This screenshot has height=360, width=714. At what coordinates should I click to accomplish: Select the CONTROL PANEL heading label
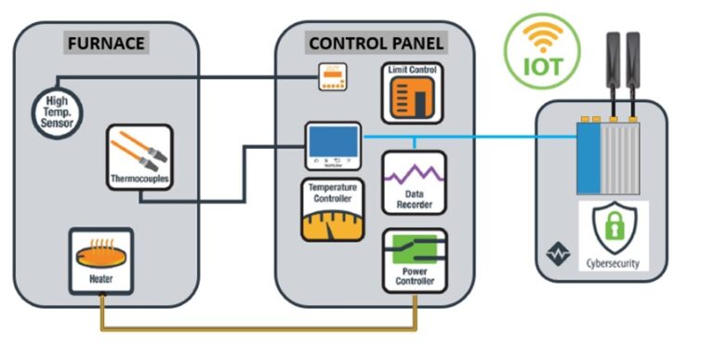tap(376, 43)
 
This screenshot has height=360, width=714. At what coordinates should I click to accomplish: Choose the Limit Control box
tap(414, 94)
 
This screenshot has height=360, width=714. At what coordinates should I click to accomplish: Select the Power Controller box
tap(414, 260)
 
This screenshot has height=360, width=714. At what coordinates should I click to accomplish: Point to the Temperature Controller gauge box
tap(333, 209)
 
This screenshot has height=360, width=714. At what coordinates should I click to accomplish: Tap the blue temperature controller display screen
tap(333, 142)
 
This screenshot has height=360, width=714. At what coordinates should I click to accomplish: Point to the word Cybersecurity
tap(615, 263)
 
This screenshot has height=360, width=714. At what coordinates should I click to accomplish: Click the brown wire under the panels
tap(260, 328)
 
